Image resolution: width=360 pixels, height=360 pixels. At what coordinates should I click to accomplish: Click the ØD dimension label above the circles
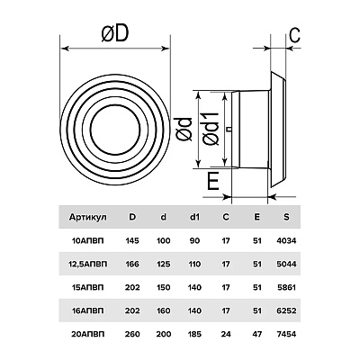(x=115, y=32)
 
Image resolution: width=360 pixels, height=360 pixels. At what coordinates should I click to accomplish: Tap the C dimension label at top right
(x=294, y=35)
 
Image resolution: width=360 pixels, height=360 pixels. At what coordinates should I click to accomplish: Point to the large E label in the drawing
(x=213, y=181)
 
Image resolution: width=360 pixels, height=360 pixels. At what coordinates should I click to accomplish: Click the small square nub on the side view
(x=229, y=130)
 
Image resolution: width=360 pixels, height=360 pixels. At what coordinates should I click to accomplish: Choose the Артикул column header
(x=88, y=217)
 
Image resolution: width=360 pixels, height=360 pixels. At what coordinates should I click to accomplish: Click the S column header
(x=286, y=217)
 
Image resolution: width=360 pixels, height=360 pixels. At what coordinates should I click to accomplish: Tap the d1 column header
(x=194, y=217)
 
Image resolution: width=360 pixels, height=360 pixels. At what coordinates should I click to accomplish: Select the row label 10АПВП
(x=88, y=240)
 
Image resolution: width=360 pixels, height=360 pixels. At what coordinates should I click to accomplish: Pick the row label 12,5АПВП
(x=88, y=264)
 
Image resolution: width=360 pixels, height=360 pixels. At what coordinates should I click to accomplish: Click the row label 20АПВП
(x=88, y=334)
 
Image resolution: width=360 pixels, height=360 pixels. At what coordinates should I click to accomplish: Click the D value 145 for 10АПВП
(x=132, y=240)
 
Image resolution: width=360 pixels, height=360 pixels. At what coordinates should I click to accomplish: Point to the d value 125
(x=163, y=264)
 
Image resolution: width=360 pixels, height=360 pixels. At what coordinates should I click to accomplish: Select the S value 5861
(x=286, y=287)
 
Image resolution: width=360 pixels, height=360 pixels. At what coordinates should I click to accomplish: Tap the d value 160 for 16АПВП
(x=163, y=310)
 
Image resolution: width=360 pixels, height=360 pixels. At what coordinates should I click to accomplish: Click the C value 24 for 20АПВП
(x=226, y=334)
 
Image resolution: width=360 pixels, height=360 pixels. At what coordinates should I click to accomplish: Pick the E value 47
(x=257, y=334)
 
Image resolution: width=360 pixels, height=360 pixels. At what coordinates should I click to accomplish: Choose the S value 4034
(x=286, y=240)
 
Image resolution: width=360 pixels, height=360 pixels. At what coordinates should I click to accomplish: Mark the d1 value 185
(x=194, y=334)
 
